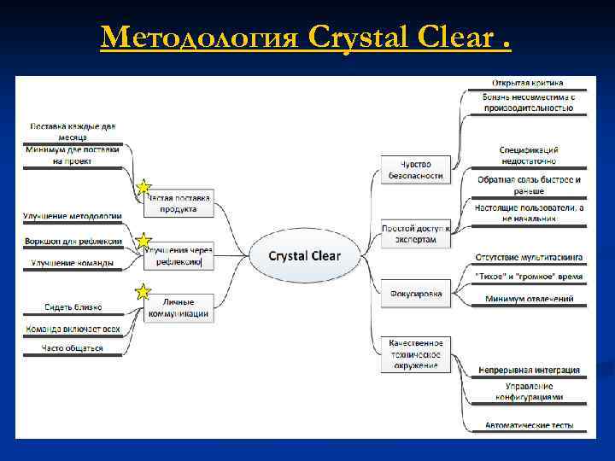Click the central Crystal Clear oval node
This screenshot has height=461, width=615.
pyautogui.click(x=304, y=255)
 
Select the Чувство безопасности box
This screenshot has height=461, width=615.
pyautogui.click(x=416, y=169)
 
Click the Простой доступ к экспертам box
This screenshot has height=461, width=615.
pyautogui.click(x=416, y=234)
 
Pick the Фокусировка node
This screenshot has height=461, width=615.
pyautogui.click(x=416, y=295)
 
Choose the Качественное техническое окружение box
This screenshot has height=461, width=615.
pyautogui.click(x=416, y=353)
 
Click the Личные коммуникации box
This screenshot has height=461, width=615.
pyautogui.click(x=179, y=307)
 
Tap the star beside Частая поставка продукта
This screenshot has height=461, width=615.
pyautogui.click(x=143, y=187)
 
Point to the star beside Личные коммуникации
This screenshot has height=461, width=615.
pyautogui.click(x=143, y=293)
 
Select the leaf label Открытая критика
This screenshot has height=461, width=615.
pyautogui.click(x=527, y=83)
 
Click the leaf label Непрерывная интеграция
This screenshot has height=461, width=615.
pyautogui.click(x=528, y=371)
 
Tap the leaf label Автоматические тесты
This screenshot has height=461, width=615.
pyautogui.click(x=529, y=424)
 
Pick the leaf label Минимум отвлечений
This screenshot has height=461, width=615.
pyautogui.click(x=529, y=300)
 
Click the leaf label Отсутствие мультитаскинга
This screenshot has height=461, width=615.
pyautogui.click(x=529, y=256)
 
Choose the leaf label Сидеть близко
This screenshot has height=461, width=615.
pyautogui.click(x=73, y=306)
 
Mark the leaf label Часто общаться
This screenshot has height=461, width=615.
pyautogui.click(x=73, y=348)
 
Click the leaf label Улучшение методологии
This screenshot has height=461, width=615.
pyautogui.click(x=73, y=217)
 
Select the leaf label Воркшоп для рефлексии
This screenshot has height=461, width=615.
pyautogui.click(x=73, y=242)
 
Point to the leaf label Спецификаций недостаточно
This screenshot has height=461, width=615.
pyautogui.click(x=528, y=155)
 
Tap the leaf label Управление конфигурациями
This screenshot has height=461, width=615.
pyautogui.click(x=529, y=392)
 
